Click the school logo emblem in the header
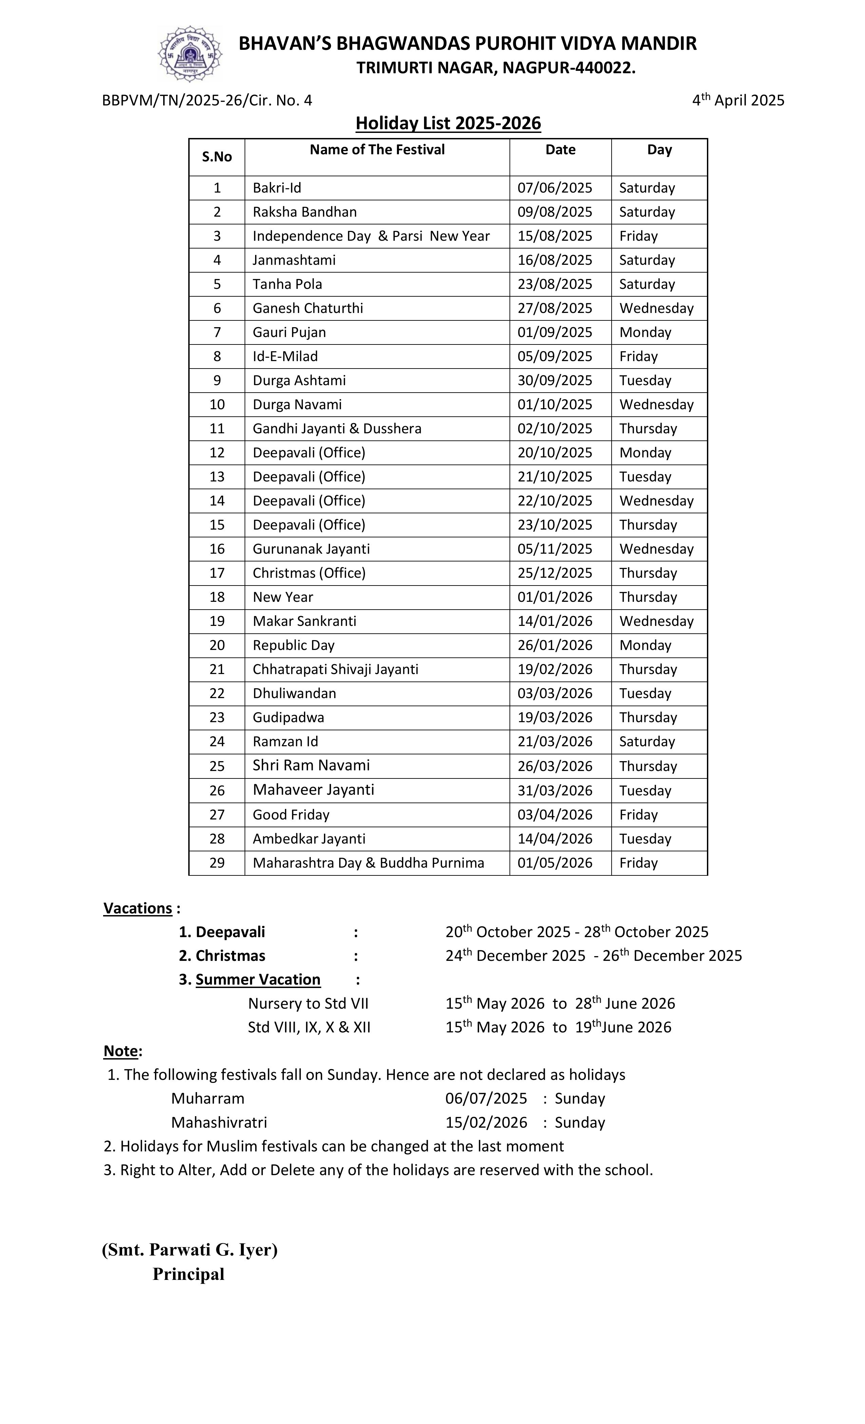point(190,54)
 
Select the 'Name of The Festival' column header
point(377,150)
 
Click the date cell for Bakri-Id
point(555,188)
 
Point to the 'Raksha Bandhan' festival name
point(304,212)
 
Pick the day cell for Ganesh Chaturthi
point(656,308)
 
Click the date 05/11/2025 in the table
point(555,549)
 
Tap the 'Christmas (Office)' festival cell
point(309,573)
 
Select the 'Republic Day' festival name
point(293,645)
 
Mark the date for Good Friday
point(555,814)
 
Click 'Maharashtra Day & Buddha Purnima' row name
point(368,863)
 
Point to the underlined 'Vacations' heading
point(138,908)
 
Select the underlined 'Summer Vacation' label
point(258,979)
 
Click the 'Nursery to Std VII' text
point(308,1003)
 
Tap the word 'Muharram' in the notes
point(208,1098)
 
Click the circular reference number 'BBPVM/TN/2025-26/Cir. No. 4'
point(207,101)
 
